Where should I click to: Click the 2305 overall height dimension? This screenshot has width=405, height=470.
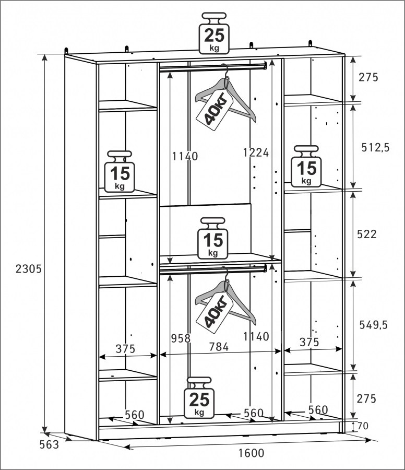(29, 269)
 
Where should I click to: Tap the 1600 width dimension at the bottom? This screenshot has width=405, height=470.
(252, 453)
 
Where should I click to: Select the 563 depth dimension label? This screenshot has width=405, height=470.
(49, 444)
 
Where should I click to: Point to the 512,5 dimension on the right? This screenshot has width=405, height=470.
(375, 147)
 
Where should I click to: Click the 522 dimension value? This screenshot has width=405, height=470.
(367, 234)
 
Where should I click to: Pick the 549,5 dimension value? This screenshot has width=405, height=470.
(373, 325)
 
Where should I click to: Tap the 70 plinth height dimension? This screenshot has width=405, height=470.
(363, 426)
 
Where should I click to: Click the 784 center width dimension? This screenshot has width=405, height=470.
(219, 347)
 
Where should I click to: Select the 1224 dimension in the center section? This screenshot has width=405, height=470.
(256, 152)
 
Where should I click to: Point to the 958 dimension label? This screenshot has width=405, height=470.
(181, 338)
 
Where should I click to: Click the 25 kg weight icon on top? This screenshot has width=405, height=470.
(214, 33)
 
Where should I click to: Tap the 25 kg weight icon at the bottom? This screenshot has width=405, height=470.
(199, 397)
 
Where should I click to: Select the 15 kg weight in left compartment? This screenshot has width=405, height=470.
(120, 171)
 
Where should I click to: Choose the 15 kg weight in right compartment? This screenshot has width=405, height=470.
(306, 167)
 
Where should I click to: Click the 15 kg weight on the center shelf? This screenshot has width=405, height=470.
(213, 239)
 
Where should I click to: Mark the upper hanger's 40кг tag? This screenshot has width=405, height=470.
(215, 110)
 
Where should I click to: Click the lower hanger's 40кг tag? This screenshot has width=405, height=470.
(215, 313)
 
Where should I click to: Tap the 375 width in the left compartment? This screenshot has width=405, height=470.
(125, 349)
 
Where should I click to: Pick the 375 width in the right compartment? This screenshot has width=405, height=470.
(309, 342)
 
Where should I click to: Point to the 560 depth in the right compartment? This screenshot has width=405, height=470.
(318, 409)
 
